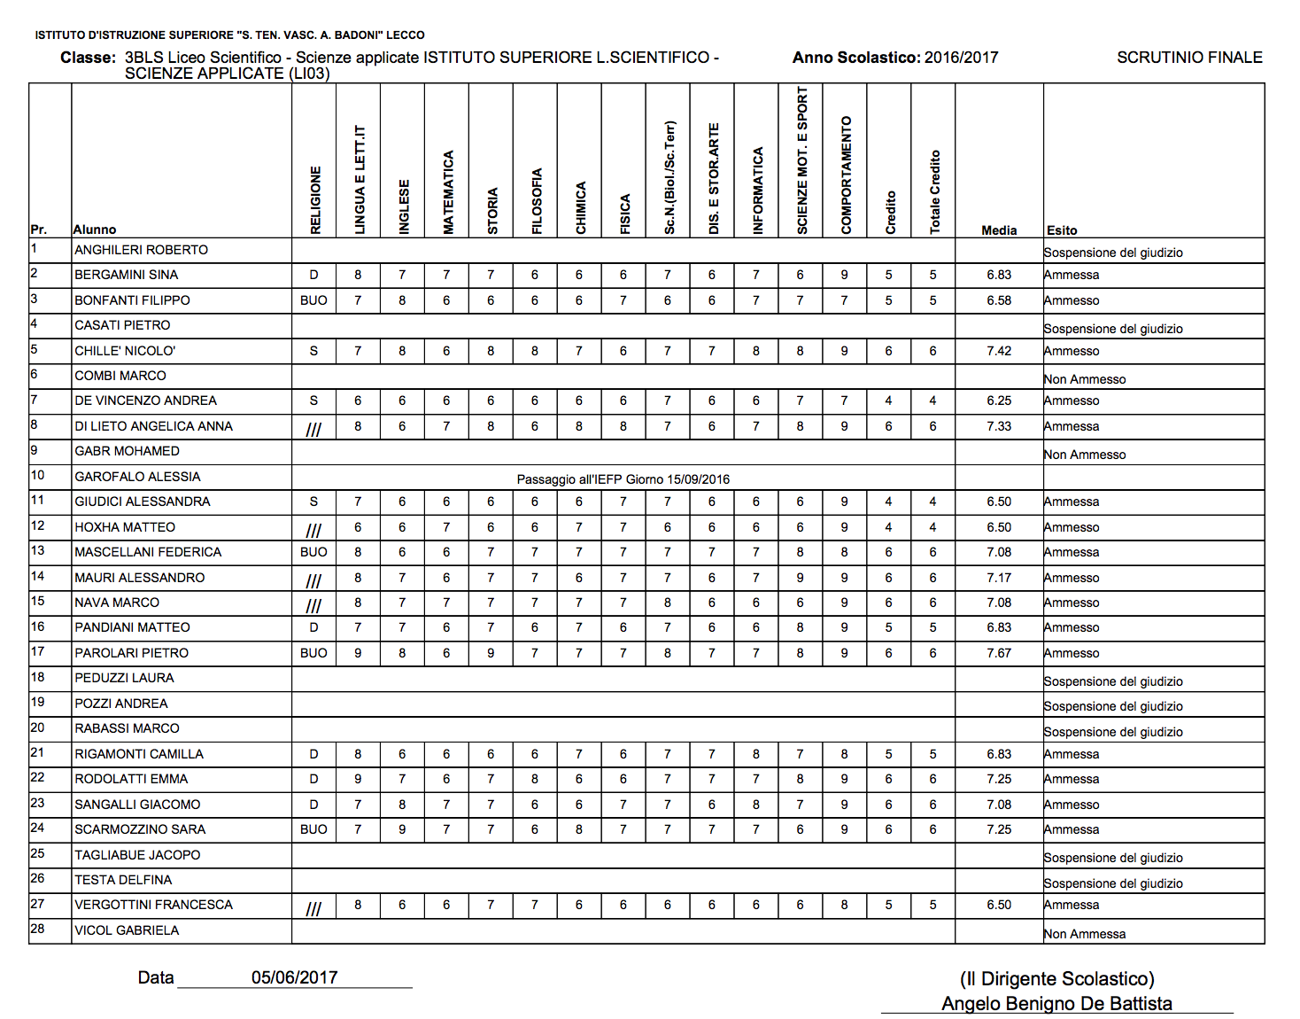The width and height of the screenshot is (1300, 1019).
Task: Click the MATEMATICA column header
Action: [448, 192]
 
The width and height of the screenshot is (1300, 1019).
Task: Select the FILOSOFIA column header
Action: [537, 201]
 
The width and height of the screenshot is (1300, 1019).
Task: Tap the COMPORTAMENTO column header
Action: [847, 175]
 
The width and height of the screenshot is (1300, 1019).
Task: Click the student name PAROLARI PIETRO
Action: [131, 653]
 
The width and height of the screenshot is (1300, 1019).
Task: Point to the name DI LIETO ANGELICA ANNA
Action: [153, 426]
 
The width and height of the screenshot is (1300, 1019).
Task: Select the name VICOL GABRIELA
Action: [127, 930]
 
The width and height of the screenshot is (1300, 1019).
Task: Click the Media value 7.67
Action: [999, 653]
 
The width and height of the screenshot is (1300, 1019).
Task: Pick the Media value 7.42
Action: [999, 351]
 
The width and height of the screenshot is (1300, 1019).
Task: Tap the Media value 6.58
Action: [999, 300]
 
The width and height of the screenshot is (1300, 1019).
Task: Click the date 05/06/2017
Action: [294, 977]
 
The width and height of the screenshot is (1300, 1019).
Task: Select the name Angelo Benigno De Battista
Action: [1056, 1003]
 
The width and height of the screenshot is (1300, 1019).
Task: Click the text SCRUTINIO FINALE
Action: [1189, 58]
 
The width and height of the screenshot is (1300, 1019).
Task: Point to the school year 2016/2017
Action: [961, 58]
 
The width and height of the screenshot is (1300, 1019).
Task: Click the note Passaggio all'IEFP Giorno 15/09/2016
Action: [623, 479]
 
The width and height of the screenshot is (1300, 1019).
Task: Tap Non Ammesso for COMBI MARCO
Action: [1085, 379]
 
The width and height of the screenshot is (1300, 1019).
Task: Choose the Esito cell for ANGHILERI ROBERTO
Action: [1113, 253]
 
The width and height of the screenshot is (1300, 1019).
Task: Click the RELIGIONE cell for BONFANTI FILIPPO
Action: [313, 300]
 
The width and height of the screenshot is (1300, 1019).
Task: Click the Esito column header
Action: [1062, 230]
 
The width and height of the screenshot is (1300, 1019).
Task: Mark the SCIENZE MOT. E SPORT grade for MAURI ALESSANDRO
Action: [800, 578]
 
